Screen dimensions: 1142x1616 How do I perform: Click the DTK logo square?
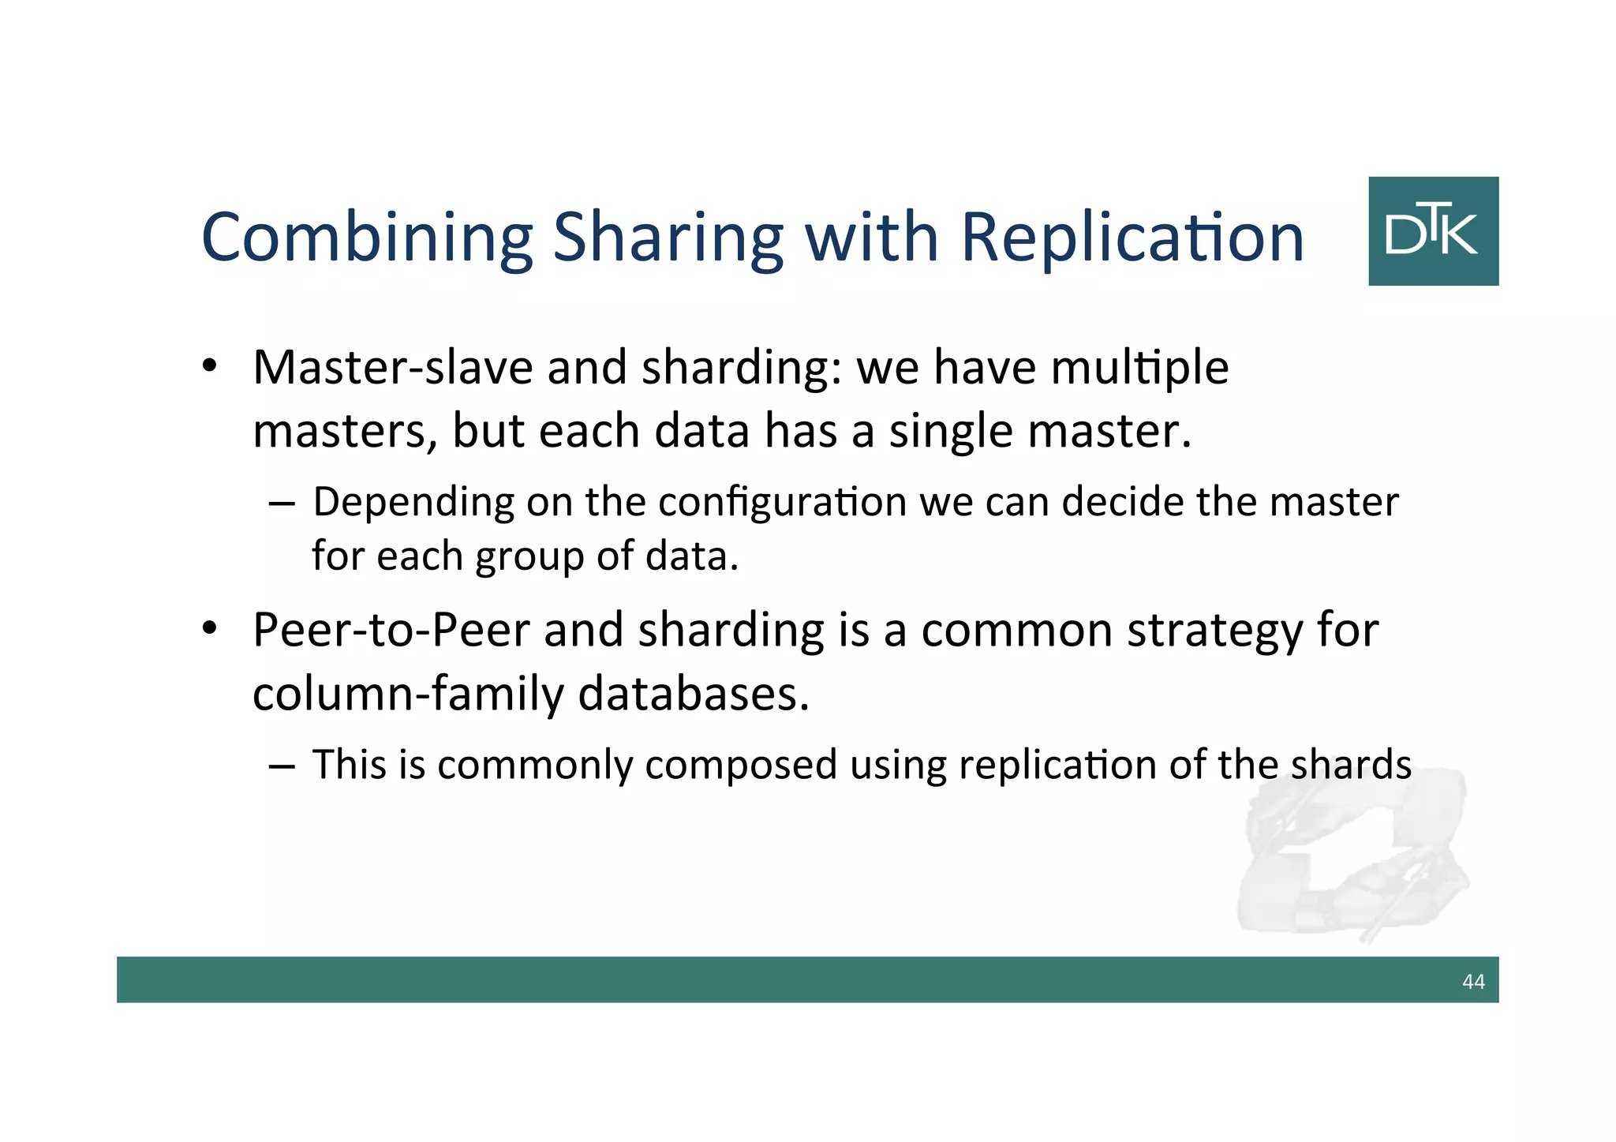[1433, 230]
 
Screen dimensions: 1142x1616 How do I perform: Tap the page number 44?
[1473, 981]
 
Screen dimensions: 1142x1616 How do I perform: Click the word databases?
[694, 695]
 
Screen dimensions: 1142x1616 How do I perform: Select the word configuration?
[782, 503]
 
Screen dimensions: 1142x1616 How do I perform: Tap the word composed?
[740, 766]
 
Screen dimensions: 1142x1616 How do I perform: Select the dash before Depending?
[282, 504]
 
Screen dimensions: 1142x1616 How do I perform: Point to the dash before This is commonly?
[282, 766]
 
